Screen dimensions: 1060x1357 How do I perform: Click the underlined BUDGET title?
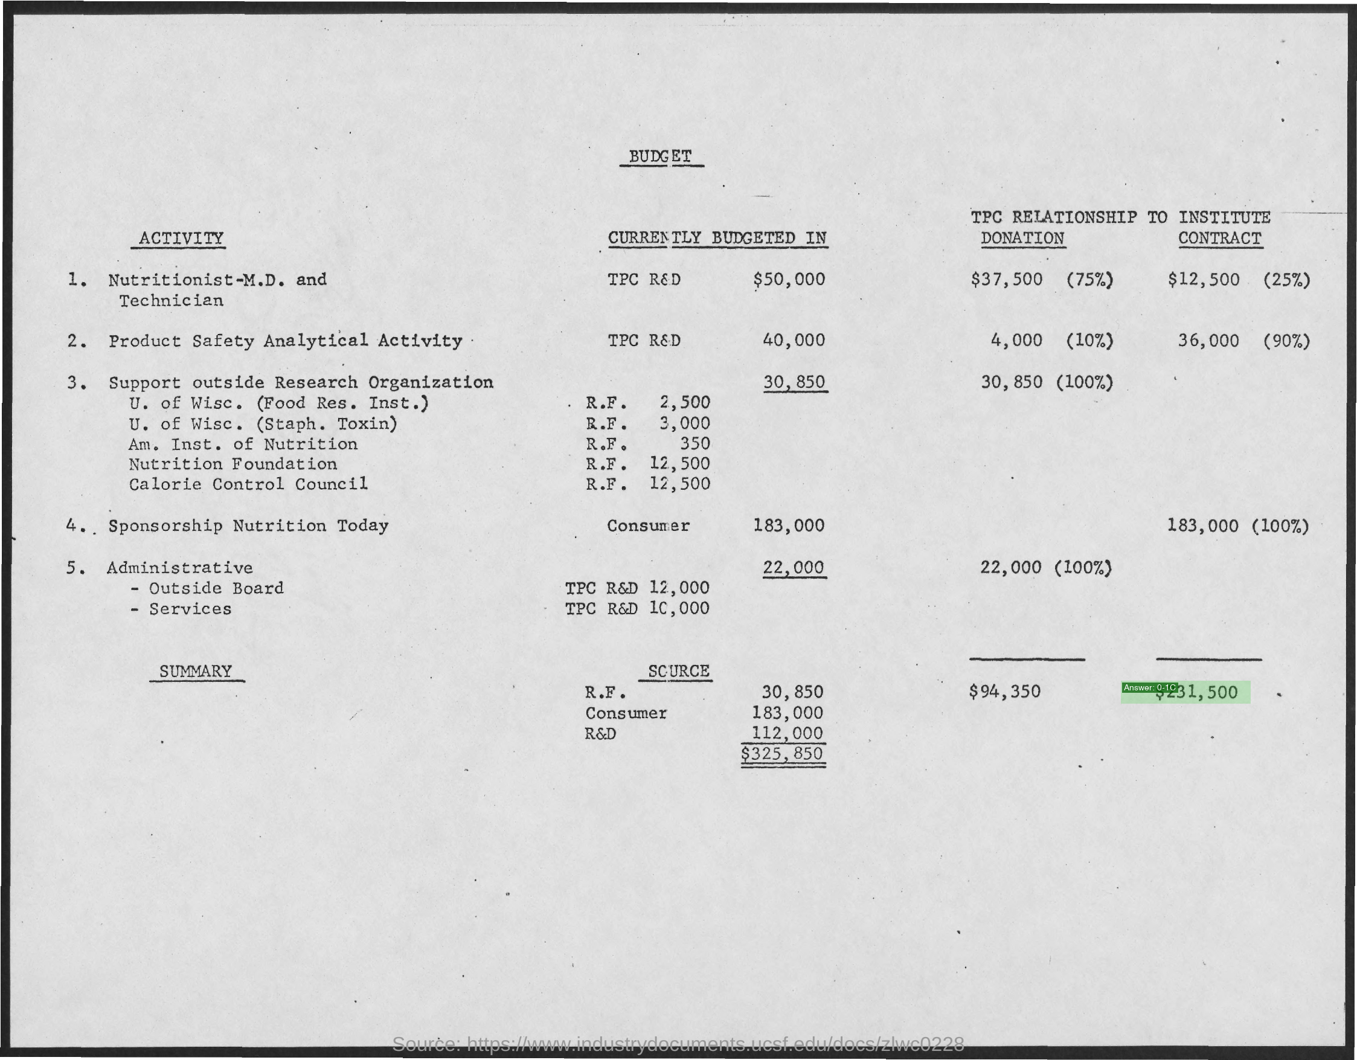coord(661,156)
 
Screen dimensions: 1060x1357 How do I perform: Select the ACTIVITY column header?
coord(181,238)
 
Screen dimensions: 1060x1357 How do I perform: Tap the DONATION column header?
coord(1022,238)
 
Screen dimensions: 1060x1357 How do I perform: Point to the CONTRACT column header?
coord(1220,238)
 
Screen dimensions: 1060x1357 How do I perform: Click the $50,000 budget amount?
coord(789,279)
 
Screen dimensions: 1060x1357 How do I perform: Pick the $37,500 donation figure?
coord(1006,279)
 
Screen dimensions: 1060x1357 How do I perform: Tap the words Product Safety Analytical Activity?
coord(285,341)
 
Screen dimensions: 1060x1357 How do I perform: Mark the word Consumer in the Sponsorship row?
coord(648,525)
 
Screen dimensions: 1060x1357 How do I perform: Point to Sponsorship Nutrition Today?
coord(248,525)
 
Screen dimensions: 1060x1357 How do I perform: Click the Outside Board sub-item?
coord(216,588)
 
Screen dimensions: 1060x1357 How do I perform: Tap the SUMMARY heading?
coord(195,671)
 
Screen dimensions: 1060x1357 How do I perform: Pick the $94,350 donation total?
coord(1004,691)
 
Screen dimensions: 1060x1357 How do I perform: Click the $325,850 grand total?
coord(782,754)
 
